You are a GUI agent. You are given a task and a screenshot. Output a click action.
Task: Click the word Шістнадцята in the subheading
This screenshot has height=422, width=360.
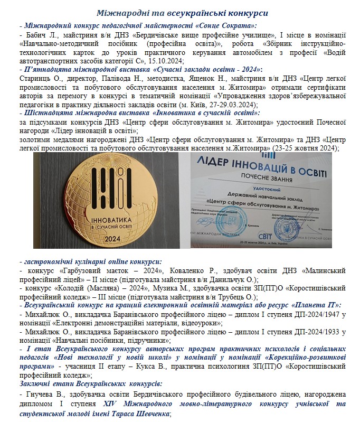pyautogui.click(x=47, y=112)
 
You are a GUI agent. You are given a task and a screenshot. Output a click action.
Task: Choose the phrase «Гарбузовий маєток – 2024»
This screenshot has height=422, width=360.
pyautogui.click(x=104, y=271)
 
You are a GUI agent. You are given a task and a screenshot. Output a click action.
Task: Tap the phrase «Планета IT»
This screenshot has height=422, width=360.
pyautogui.click(x=315, y=305)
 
